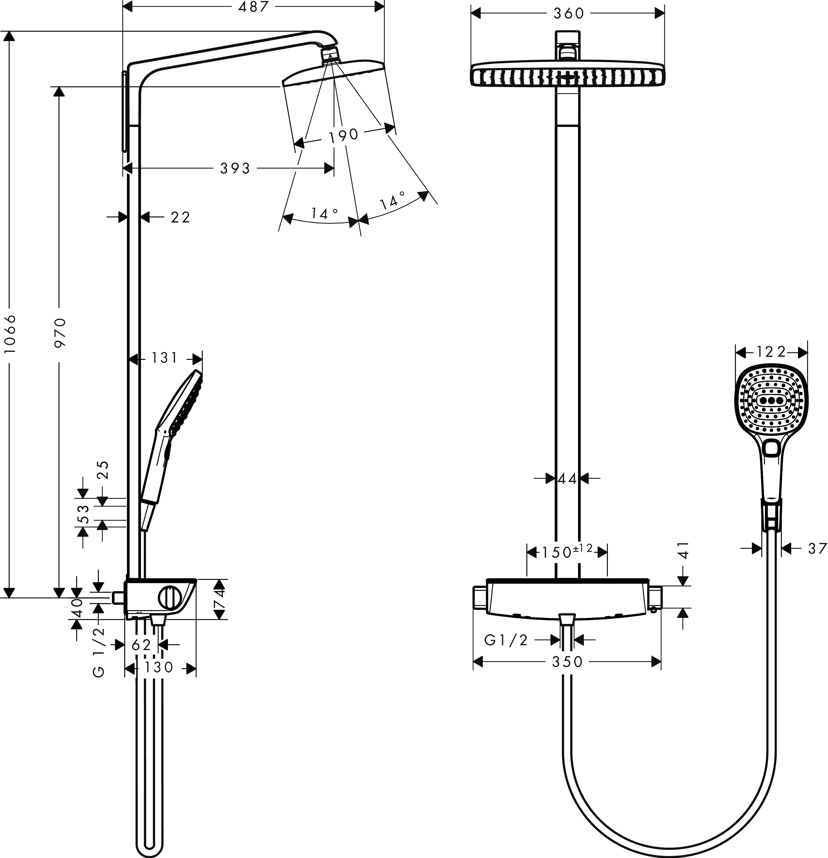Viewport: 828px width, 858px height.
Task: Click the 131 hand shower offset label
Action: [x=164, y=358]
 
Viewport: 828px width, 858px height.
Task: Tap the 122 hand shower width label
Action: [x=772, y=352]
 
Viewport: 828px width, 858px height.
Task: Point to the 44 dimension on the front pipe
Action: [x=567, y=479]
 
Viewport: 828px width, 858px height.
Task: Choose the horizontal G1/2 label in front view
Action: [x=506, y=640]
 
